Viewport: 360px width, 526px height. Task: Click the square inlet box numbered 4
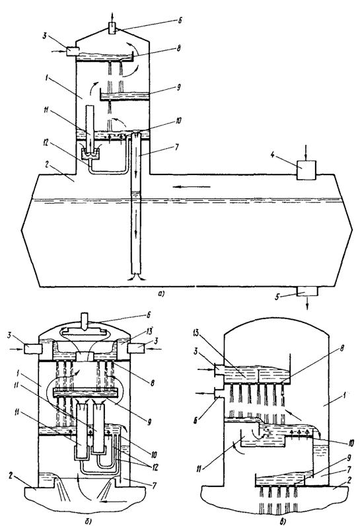click(306, 170)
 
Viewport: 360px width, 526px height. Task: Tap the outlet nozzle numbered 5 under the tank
click(307, 291)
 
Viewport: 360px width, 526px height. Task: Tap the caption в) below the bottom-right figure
click(275, 521)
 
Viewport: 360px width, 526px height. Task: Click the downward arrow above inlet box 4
click(306, 153)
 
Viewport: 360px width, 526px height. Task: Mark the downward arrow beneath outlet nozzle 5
click(307, 303)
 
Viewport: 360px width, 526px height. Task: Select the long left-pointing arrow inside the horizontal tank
click(192, 186)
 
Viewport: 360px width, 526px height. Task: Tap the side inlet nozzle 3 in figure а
click(72, 52)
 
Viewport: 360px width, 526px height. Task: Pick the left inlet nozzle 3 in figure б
click(33, 349)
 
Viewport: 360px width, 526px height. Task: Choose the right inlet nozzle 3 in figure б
click(137, 348)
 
